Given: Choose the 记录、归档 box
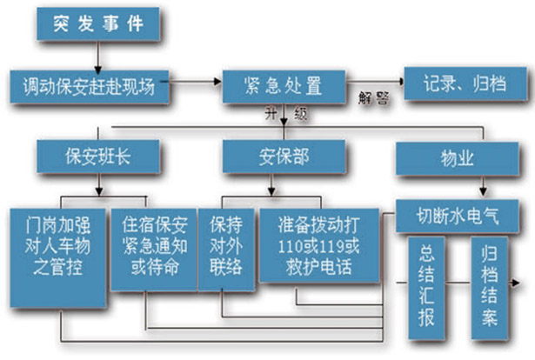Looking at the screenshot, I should click(461, 84).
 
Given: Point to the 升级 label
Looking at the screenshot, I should click(288, 113).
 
